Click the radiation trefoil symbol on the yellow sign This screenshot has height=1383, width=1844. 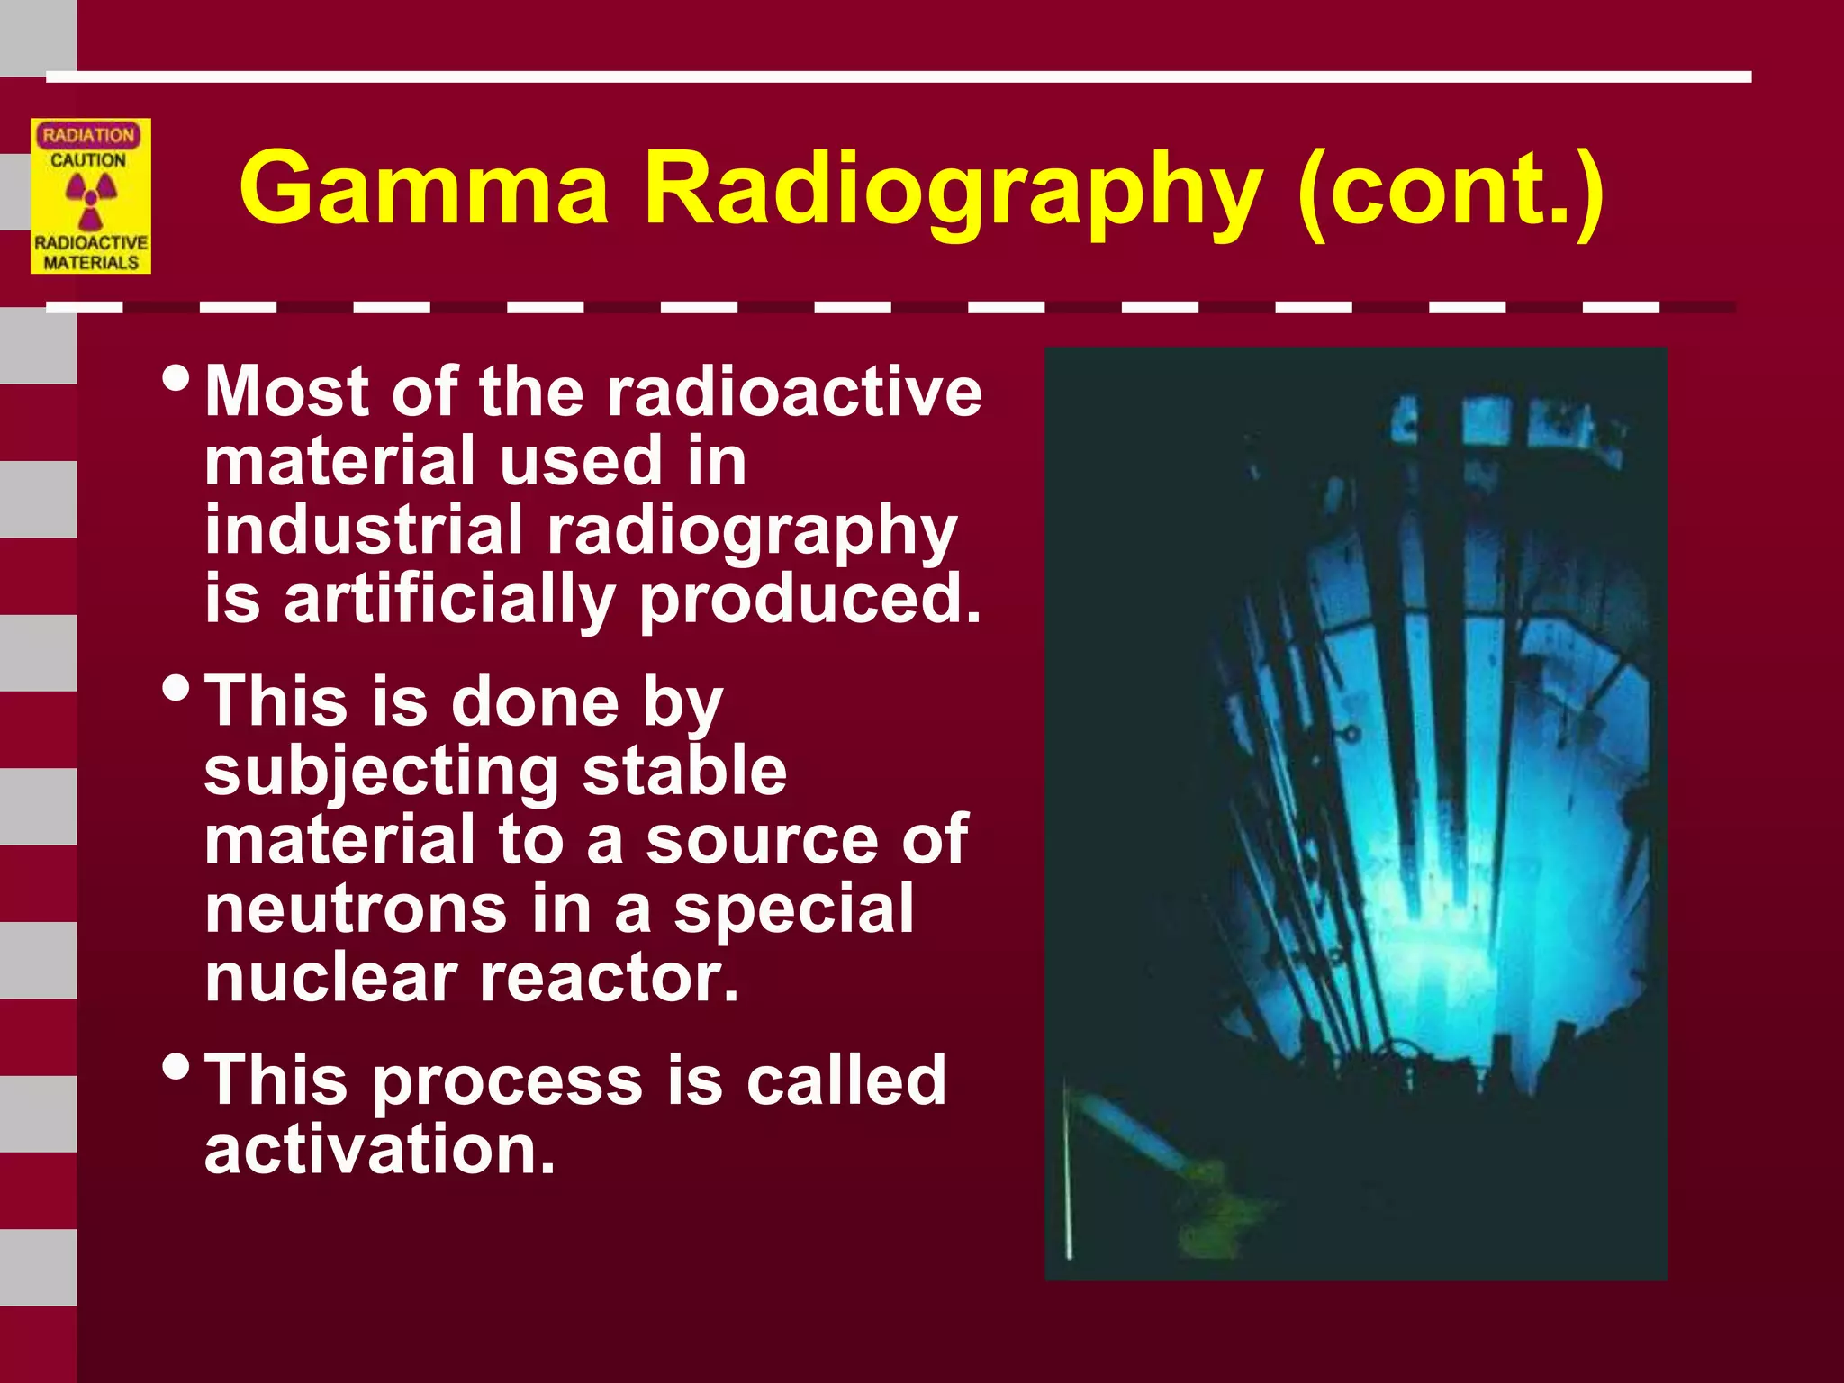click(x=90, y=201)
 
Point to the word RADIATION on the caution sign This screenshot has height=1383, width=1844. click(x=88, y=135)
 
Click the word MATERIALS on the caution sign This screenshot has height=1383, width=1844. click(x=91, y=262)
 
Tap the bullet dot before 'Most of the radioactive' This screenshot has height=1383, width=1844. click(x=176, y=378)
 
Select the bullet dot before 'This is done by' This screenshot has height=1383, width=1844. click(x=176, y=690)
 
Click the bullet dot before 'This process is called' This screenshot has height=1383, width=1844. click(x=176, y=1068)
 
